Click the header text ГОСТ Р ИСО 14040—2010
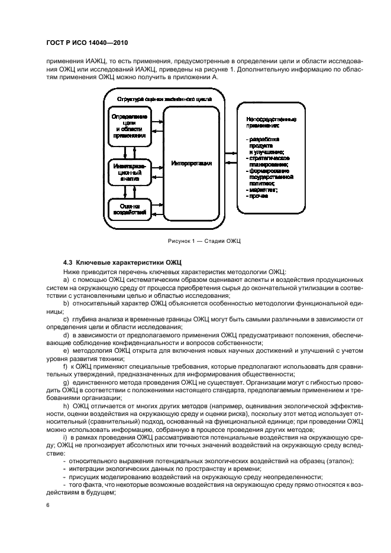87,44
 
